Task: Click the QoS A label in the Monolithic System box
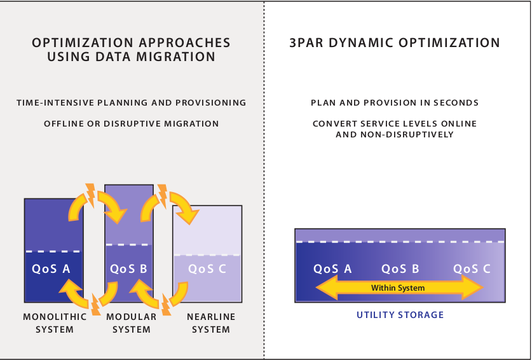(51, 268)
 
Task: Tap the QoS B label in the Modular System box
(128, 268)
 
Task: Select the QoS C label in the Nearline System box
(207, 268)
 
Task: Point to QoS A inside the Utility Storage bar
(332, 268)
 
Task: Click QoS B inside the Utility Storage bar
(400, 268)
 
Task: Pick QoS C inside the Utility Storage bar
(472, 268)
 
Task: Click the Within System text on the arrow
(398, 288)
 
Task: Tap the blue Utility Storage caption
(400, 315)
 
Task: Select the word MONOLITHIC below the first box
(55, 317)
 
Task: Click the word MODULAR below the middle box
(132, 317)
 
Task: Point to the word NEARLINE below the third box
(211, 317)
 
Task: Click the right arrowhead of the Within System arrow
(472, 287)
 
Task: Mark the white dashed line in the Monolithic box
(53, 252)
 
